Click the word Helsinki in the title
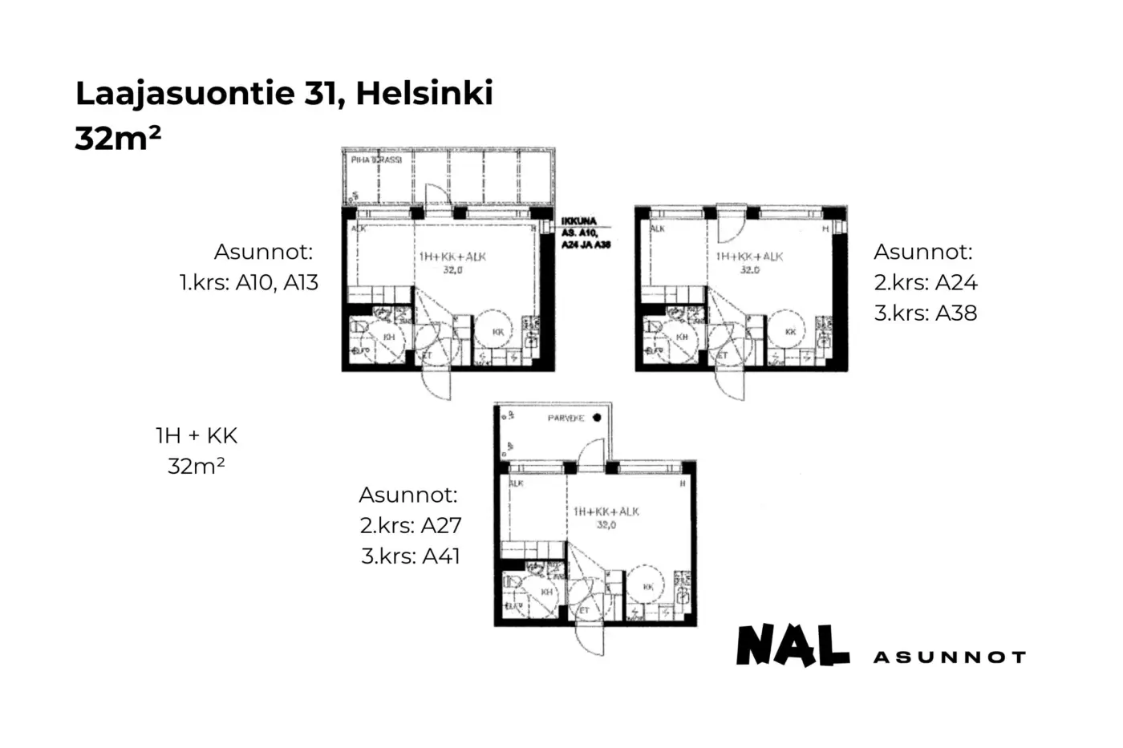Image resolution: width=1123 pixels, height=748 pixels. [x=424, y=94]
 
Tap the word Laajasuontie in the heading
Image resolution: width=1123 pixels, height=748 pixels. [x=184, y=94]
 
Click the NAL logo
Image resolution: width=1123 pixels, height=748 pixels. [x=793, y=645]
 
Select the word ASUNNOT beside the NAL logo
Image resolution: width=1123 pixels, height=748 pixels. [x=949, y=657]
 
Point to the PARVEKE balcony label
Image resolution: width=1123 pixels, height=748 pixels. [x=566, y=418]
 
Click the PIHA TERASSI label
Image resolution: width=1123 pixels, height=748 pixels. [x=376, y=160]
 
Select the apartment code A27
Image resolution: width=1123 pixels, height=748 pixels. [x=441, y=526]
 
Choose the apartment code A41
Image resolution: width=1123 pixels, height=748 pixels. [x=441, y=556]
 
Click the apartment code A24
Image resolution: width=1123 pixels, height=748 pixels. [x=956, y=282]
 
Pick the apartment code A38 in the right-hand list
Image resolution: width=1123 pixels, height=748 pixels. [x=956, y=313]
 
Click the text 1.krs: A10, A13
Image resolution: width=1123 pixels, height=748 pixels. [x=249, y=282]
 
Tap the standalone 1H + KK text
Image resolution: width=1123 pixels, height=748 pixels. [x=197, y=436]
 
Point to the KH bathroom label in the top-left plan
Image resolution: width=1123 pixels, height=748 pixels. [x=389, y=338]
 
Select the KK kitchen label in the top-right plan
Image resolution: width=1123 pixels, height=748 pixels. [x=791, y=331]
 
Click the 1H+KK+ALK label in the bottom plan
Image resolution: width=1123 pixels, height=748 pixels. [x=606, y=511]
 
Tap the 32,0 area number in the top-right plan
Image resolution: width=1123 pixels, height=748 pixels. [x=749, y=270]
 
